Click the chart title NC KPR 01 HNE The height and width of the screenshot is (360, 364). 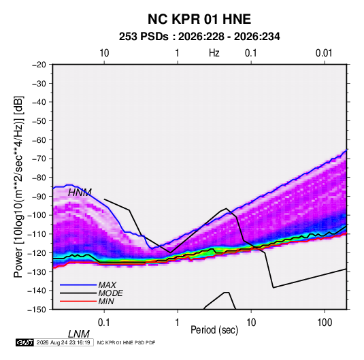point(199,19)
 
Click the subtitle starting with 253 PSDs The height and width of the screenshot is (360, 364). point(199,37)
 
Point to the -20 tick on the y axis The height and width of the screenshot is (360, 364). point(39,65)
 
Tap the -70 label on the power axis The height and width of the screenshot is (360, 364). point(39,159)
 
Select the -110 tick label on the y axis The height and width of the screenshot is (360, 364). point(37,234)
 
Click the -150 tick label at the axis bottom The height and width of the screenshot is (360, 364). point(37,310)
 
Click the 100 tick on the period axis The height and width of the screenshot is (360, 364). point(325,323)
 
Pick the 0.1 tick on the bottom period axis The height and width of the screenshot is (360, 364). point(103,323)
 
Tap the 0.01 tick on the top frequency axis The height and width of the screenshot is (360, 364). point(324,53)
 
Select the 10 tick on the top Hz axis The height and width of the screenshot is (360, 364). point(104,53)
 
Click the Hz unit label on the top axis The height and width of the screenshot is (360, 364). point(214,53)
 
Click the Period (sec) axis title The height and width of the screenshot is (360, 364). point(214,330)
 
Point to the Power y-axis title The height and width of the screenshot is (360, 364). point(18,186)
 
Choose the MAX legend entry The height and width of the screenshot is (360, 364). point(107,284)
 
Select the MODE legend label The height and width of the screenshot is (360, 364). point(110,293)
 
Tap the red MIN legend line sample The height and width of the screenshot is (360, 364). point(78,301)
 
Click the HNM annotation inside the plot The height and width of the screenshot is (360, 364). point(80,193)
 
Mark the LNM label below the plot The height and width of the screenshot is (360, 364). point(78,334)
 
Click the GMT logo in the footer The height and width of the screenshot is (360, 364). point(24,342)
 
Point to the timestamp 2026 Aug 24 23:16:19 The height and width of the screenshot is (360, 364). point(63,342)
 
